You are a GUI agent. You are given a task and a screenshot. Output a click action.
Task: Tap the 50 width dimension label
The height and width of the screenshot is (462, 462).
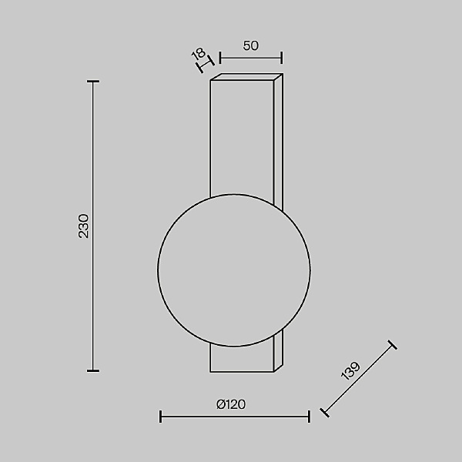coord(250,45)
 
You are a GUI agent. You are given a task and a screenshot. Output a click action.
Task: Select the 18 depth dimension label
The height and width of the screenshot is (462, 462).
coord(198,54)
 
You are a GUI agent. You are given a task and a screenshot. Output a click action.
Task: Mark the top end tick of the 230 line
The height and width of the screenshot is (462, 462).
coord(93,82)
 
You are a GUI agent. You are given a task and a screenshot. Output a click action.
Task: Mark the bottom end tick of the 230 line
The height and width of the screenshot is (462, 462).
coord(93,370)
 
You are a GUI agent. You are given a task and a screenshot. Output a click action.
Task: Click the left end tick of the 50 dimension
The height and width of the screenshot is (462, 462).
coord(220,57)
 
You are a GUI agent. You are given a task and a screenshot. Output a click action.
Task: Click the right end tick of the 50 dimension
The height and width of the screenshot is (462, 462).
coord(282,57)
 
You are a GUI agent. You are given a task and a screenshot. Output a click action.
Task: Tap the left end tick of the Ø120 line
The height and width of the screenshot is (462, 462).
coord(160,417)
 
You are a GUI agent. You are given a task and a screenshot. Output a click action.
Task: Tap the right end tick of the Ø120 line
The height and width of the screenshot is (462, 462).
coord(309,417)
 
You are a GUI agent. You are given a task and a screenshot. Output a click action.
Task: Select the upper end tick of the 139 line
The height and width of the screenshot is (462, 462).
coord(393,345)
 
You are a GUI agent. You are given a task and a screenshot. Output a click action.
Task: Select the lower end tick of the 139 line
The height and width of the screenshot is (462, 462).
coord(324,412)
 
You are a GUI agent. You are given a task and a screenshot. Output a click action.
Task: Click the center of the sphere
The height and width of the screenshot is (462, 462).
coord(234,269)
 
